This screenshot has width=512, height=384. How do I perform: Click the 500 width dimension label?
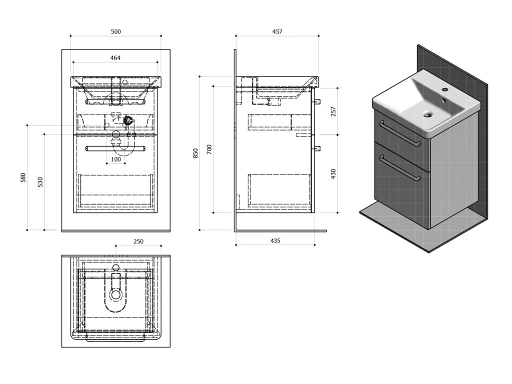[115, 31]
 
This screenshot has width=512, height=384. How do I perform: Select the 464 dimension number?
[115, 58]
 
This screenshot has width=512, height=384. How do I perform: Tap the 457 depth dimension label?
[277, 31]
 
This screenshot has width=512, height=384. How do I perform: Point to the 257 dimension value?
[333, 111]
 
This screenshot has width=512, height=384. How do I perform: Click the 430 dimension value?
[333, 174]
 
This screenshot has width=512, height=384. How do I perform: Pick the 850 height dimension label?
[195, 153]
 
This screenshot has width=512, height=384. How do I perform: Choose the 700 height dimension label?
[209, 149]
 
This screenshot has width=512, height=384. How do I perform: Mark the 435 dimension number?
[275, 240]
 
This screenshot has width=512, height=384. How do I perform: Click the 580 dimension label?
[23, 177]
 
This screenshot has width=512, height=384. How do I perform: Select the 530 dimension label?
[40, 182]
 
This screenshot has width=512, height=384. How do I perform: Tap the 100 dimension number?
[115, 159]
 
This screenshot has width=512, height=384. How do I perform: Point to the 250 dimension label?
[138, 241]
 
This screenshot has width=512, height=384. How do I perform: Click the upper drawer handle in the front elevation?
[115, 102]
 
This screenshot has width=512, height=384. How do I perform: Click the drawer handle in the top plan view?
[115, 338]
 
